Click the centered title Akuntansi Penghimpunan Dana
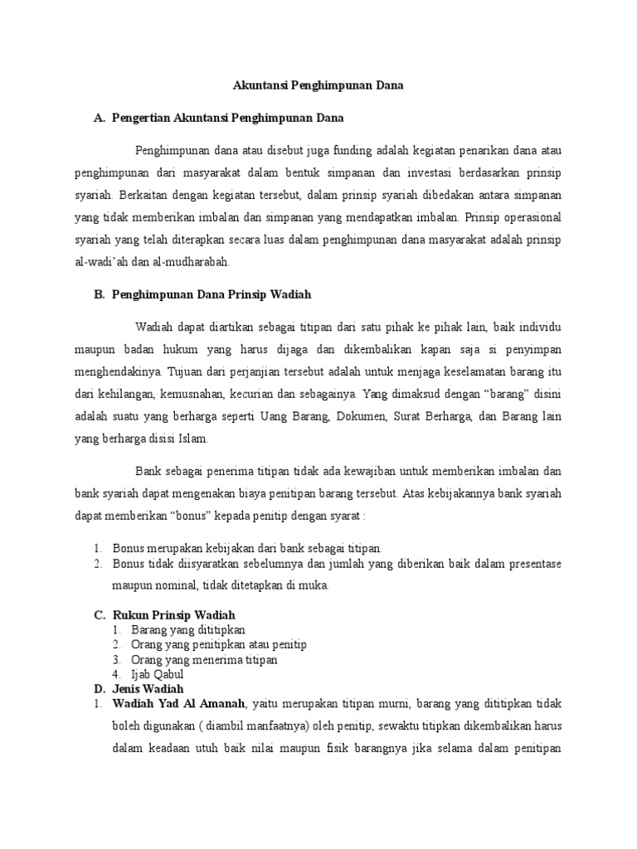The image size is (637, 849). click(x=318, y=85)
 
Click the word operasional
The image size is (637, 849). click(x=530, y=218)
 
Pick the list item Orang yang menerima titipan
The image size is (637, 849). click(x=195, y=660)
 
